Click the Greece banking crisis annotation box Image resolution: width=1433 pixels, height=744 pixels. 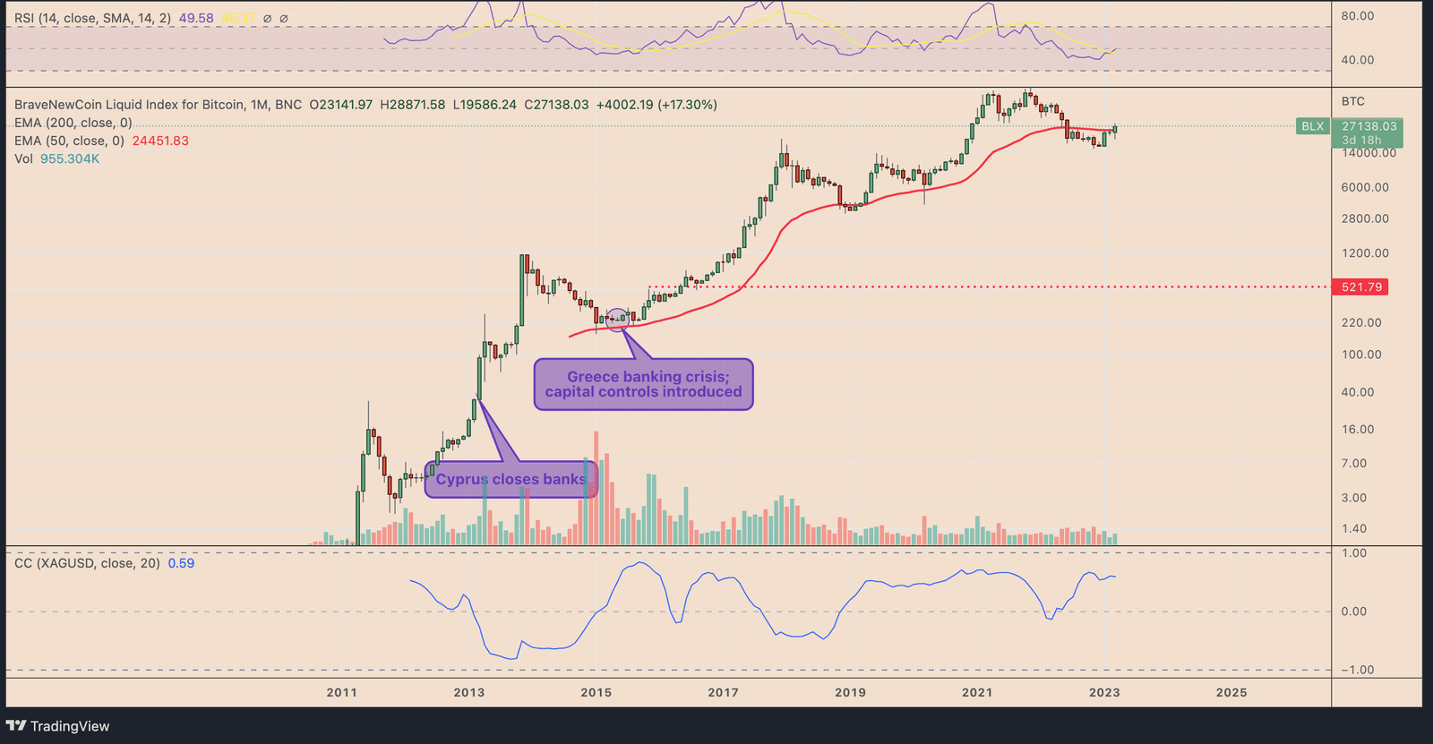coord(643,385)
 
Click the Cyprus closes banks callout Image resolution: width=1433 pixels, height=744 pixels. coord(511,480)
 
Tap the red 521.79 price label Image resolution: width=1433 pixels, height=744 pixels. coord(1360,287)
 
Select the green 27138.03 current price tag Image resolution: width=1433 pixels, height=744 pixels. coord(1369,127)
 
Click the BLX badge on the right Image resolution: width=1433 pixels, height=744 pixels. coord(1312,127)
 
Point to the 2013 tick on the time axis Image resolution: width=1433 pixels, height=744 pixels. coord(468,692)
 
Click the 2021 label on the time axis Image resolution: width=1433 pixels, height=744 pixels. coord(977,692)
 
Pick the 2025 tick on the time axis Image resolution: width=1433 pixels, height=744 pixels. coord(1231,692)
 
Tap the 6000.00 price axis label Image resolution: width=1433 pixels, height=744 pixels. coord(1365,187)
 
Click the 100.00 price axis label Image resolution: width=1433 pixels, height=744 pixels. coord(1361,355)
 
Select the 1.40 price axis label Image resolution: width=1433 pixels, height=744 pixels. coord(1354,529)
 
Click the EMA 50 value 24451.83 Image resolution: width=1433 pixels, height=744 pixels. coord(160,141)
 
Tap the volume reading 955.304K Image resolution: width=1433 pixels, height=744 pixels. coord(70,158)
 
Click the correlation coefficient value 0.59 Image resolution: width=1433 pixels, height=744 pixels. coord(181,563)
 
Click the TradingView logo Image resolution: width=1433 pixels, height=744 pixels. coord(58,726)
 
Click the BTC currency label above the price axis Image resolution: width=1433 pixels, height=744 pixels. coord(1352,101)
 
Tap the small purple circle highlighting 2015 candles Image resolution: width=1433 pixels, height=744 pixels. coord(618,319)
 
